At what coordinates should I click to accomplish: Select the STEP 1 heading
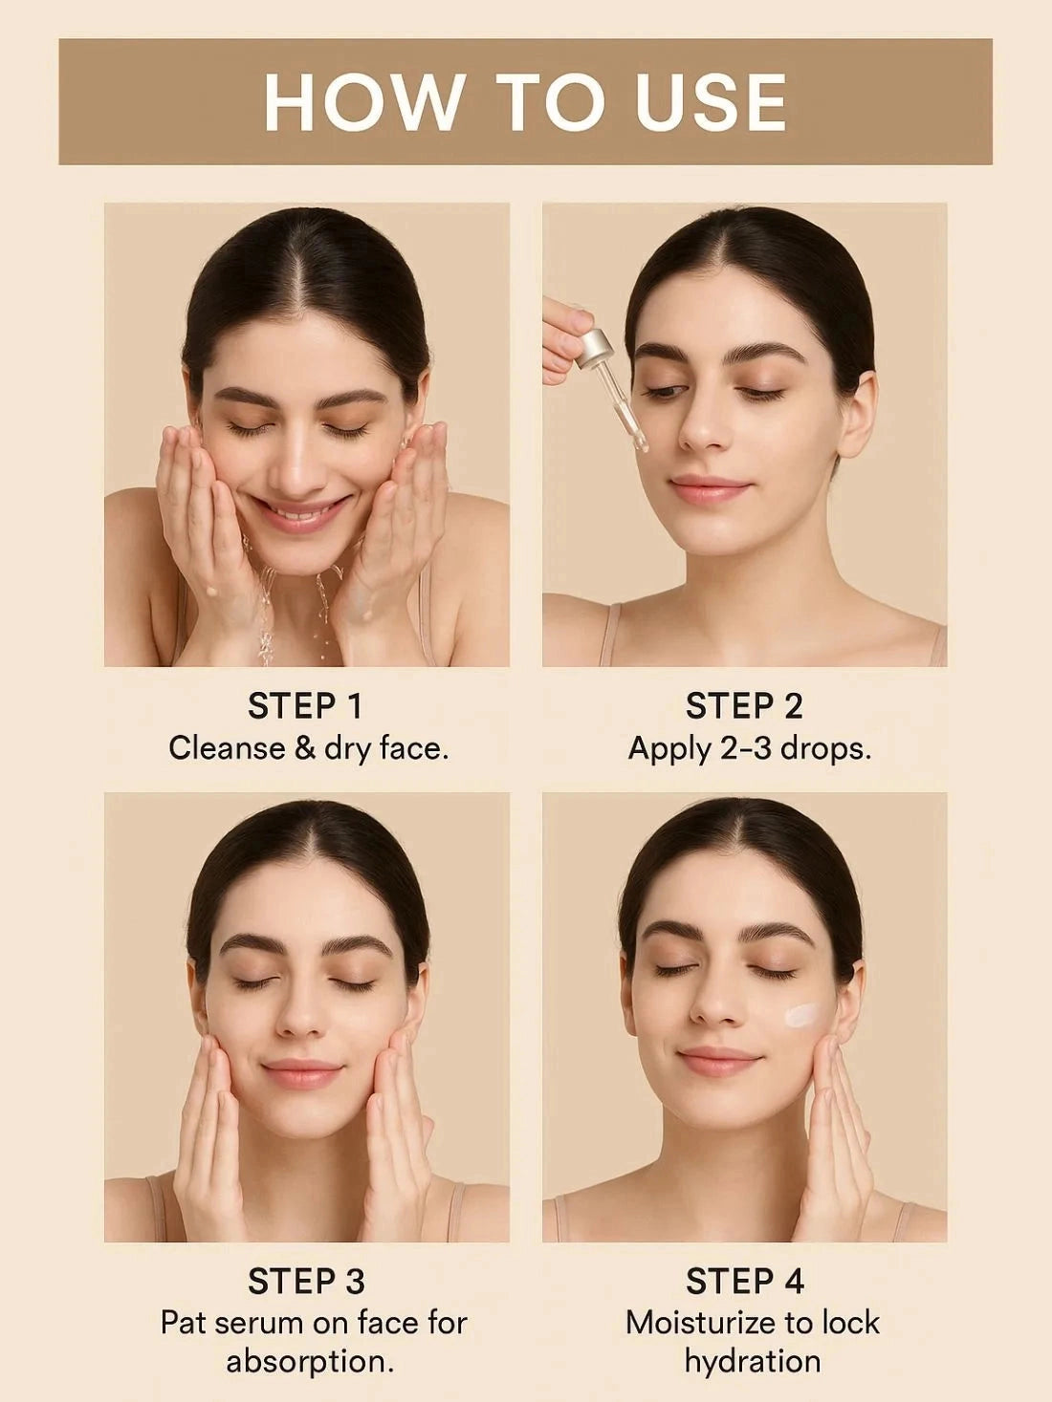pyautogui.click(x=305, y=706)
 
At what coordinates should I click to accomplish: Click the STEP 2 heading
pyautogui.click(x=744, y=706)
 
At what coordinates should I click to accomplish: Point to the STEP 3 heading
pyautogui.click(x=305, y=1282)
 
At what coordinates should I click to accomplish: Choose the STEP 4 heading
pyautogui.click(x=744, y=1282)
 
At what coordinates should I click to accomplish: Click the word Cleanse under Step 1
pyautogui.click(x=226, y=747)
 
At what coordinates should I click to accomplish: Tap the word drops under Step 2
pyautogui.click(x=824, y=747)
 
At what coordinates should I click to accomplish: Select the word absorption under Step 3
pyautogui.click(x=310, y=1361)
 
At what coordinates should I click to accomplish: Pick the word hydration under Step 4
pyautogui.click(x=753, y=1361)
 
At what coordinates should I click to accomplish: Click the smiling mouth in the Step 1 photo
pyautogui.click(x=298, y=513)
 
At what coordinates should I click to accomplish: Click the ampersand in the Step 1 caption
pyautogui.click(x=305, y=747)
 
